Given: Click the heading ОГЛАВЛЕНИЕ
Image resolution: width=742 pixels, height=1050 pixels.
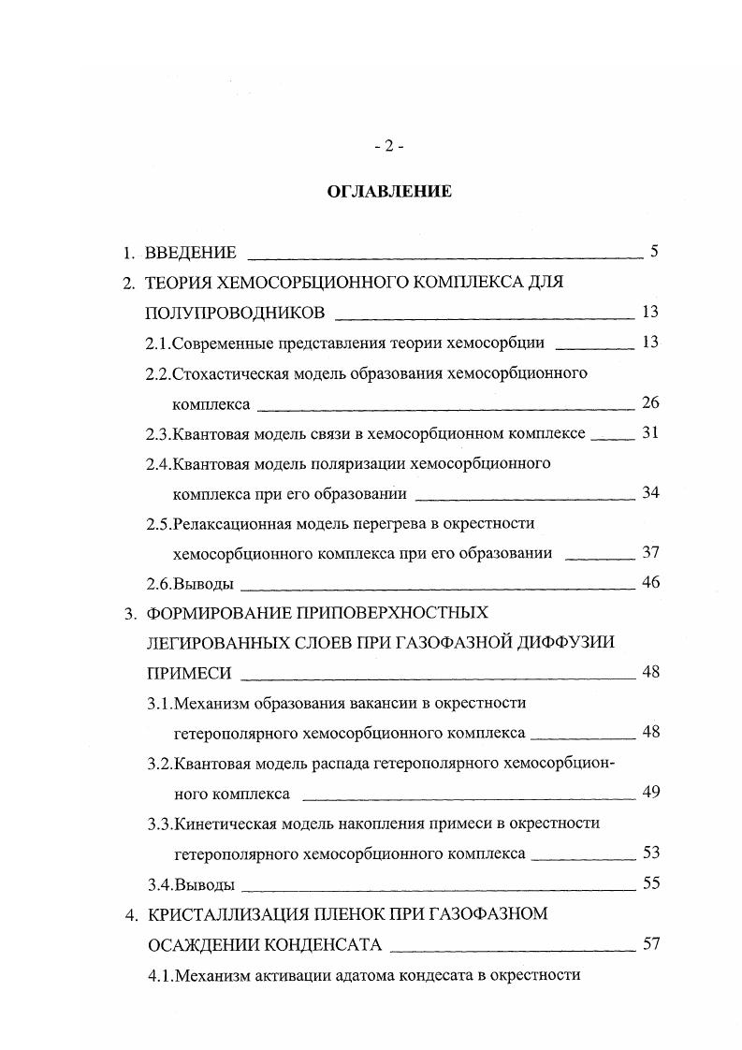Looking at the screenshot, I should point(388,192).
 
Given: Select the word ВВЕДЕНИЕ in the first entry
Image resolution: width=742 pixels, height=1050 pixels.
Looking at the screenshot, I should point(191,252).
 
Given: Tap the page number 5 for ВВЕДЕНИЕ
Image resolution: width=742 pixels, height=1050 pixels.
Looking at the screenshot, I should point(654,251).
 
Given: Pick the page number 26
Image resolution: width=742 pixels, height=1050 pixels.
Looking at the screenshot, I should point(651,402).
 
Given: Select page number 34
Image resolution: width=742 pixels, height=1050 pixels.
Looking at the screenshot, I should point(651,492).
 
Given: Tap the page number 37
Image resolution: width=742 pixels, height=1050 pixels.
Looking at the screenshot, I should point(651,552).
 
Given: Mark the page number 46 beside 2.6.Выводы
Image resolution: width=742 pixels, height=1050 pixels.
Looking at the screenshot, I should point(651,582).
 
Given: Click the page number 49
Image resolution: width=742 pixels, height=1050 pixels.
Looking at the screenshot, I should point(652,793).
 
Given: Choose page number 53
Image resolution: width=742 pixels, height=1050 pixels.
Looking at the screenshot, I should point(652,853).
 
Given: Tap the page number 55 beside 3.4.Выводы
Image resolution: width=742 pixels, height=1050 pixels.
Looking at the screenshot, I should point(652,882).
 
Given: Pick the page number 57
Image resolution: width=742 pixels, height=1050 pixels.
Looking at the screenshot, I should point(652,943).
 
